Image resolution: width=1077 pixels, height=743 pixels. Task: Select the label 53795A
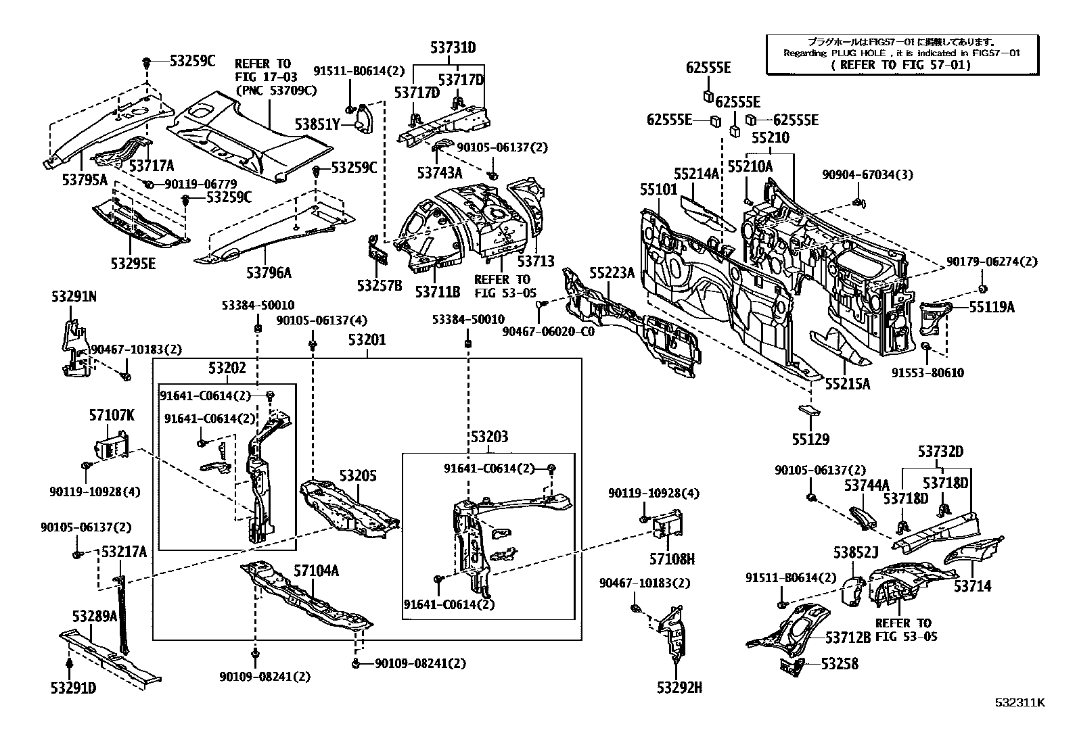point(85,179)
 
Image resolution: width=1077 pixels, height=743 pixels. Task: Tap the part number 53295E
point(133,262)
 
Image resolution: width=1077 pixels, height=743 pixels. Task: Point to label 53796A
point(269,272)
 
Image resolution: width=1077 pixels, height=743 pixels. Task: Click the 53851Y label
point(317,124)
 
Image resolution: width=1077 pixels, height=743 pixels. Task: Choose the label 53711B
point(437,291)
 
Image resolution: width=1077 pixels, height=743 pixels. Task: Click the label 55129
point(810,439)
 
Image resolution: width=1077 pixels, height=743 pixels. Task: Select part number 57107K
point(112,415)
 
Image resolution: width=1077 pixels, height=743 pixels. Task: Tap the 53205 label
point(358,476)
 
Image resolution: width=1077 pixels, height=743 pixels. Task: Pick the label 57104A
point(316,571)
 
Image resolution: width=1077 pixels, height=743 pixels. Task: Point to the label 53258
point(840,664)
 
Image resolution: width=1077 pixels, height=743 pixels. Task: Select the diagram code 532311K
point(1019,702)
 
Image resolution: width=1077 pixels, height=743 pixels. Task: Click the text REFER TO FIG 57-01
point(902,65)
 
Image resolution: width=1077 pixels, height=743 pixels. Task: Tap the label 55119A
point(992,307)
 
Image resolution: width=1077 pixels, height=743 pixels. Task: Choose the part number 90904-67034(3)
point(867,175)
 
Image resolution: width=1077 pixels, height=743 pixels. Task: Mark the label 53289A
point(95,616)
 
